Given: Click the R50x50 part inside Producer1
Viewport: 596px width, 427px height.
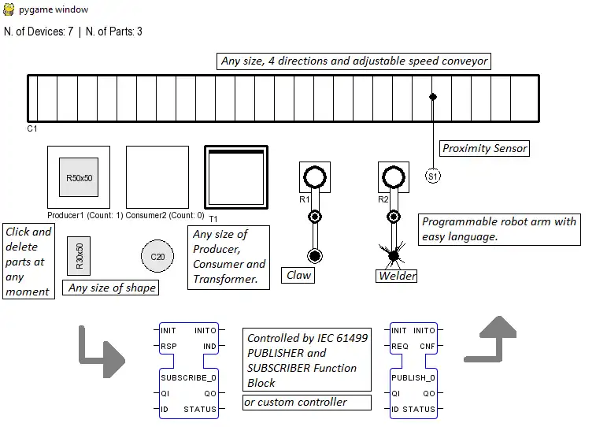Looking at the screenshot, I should click(79, 177).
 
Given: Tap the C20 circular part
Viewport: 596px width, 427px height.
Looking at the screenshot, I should click(157, 257).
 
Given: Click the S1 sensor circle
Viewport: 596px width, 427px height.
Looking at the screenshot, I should click(433, 176).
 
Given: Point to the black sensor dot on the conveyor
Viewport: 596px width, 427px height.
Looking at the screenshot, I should click(432, 97).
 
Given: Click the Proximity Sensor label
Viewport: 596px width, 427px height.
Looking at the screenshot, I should click(484, 148).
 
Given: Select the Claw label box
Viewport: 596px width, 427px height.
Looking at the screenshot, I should click(299, 275).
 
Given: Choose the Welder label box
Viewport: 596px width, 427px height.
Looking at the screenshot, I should click(397, 276).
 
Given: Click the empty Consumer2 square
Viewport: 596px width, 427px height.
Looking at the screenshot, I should click(157, 177).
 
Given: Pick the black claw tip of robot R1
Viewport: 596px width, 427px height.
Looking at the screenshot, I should click(315, 255).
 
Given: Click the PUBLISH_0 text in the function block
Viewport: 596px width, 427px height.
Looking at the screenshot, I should click(413, 378).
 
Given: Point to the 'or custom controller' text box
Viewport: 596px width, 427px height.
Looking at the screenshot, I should click(307, 402).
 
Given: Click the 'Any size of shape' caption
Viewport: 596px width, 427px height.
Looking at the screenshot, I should click(112, 288).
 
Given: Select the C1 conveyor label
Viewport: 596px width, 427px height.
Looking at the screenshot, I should click(32, 128).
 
